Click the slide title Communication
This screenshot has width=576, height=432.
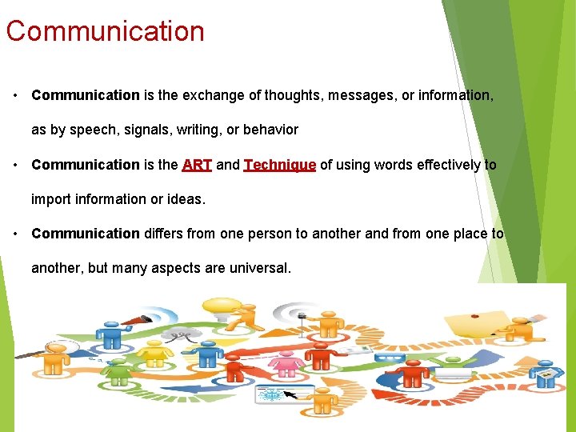click(x=105, y=31)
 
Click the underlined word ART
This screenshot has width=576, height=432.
click(x=196, y=165)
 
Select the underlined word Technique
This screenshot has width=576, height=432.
click(x=280, y=165)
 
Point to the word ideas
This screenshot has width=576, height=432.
click(x=186, y=199)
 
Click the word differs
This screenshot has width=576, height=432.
click(x=166, y=234)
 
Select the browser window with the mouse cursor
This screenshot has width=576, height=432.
click(x=276, y=395)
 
